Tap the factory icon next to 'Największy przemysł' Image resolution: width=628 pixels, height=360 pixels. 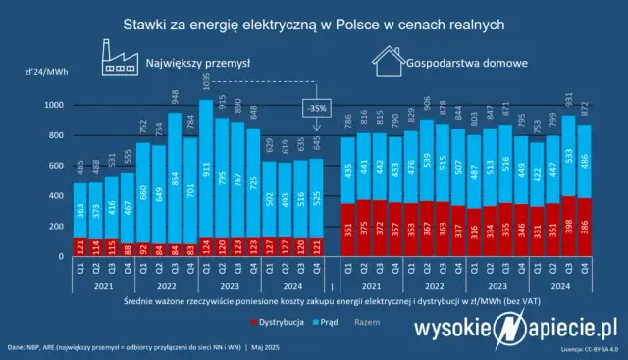pos(119,59)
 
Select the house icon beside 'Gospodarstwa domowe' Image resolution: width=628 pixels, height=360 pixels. pos(387,62)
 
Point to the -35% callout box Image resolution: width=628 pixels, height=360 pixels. pos(315,107)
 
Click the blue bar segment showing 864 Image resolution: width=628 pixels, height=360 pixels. pos(173,181)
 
